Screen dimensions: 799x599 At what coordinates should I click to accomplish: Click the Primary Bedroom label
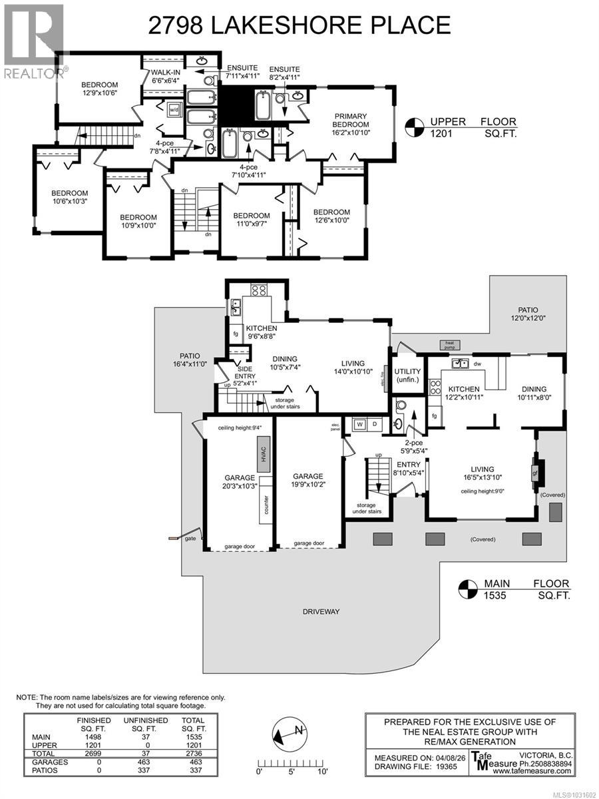point(351,125)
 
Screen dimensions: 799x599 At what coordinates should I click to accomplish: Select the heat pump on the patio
point(448,344)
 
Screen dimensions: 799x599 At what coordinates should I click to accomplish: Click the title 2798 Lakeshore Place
point(299,25)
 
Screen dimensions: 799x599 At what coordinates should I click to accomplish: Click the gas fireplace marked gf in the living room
point(534,473)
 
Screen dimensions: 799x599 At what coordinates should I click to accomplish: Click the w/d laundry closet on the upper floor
point(174,110)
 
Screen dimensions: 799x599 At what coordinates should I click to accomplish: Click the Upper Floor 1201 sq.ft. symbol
point(415,126)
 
